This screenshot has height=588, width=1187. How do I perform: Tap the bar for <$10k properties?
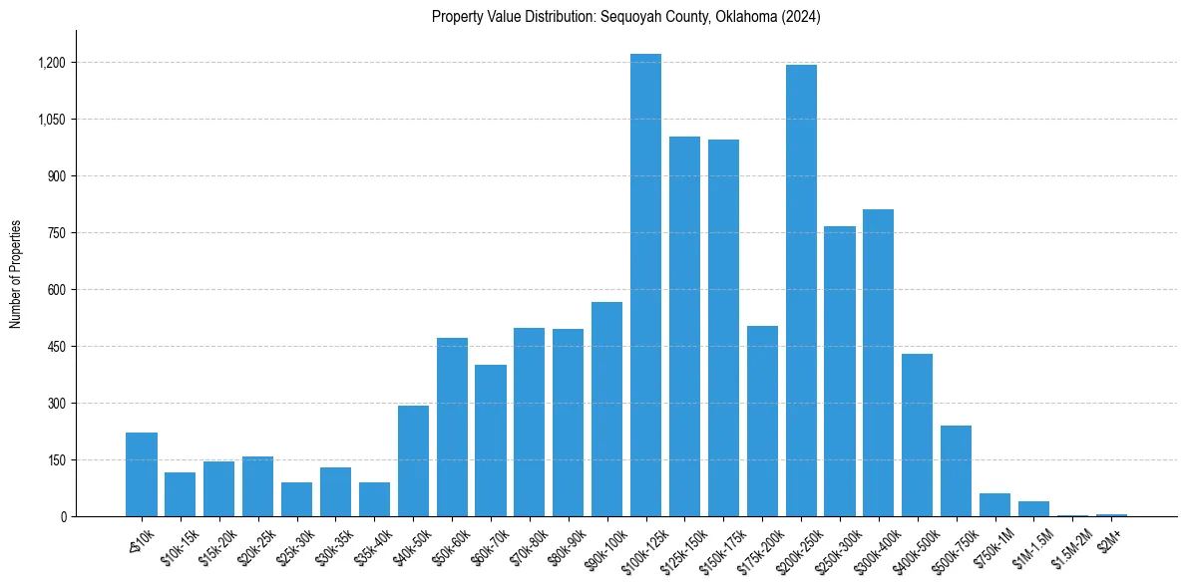(x=142, y=474)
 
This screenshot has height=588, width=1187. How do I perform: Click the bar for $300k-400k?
(x=878, y=363)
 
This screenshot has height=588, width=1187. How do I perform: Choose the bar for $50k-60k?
(x=452, y=428)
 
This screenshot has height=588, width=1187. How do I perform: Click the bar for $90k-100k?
(x=606, y=410)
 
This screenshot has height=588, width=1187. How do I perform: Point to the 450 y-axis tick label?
(x=57, y=347)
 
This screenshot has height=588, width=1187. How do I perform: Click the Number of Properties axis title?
(x=16, y=274)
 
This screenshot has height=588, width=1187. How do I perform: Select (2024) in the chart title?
(x=800, y=17)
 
